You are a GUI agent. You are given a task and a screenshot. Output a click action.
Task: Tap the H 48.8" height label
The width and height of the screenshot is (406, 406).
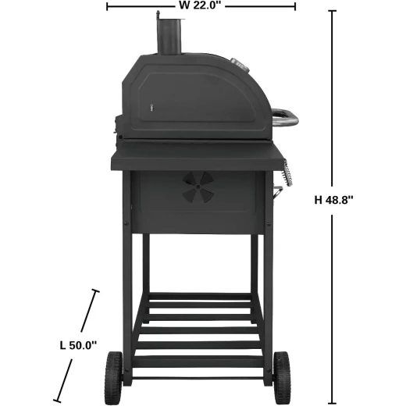(333, 200)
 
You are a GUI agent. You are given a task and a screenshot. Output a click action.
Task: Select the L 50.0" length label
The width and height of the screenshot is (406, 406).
(78, 346)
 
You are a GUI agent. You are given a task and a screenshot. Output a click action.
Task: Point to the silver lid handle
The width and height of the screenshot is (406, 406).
(285, 117)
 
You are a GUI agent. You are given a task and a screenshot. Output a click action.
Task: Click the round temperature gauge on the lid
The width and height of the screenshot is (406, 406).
(240, 65)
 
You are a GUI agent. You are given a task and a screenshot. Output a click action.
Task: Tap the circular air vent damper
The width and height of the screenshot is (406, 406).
(198, 187)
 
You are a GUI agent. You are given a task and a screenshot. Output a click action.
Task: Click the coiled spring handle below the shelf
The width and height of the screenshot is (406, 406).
(287, 173)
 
